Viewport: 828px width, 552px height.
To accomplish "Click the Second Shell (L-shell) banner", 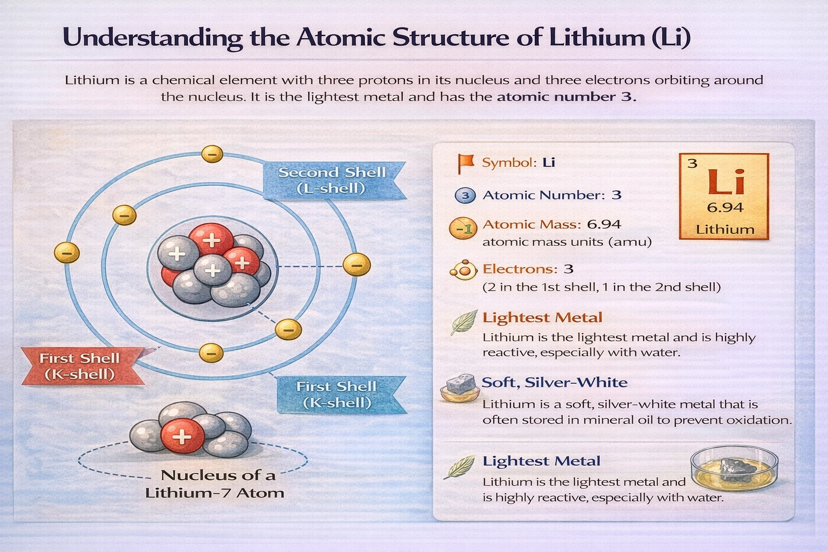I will [x=332, y=180].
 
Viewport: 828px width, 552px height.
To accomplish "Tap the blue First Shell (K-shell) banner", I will [x=337, y=395].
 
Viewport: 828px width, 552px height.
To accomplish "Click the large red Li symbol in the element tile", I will [x=725, y=182].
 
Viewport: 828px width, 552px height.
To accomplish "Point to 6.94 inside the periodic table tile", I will [x=725, y=208].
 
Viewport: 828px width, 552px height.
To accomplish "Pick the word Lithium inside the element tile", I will [x=725, y=229].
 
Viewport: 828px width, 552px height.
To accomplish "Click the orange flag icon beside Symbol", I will [x=465, y=162].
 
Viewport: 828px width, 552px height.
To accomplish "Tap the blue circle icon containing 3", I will [x=465, y=195].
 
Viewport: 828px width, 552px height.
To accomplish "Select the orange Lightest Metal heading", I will [x=542, y=318].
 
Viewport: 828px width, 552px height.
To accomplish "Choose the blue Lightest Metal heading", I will [x=541, y=461].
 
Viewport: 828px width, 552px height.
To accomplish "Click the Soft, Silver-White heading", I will [x=554, y=383].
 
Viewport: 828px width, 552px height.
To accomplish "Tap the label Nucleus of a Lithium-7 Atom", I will [x=215, y=484].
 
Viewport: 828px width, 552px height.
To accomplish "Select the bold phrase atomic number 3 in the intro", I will [x=566, y=97].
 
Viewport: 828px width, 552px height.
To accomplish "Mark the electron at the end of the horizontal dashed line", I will [x=356, y=265].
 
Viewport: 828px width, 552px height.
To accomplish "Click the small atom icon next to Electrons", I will [x=464, y=270].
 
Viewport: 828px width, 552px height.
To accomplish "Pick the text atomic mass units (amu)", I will [x=567, y=241].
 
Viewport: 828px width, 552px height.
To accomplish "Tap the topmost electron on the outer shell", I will [x=212, y=154].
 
